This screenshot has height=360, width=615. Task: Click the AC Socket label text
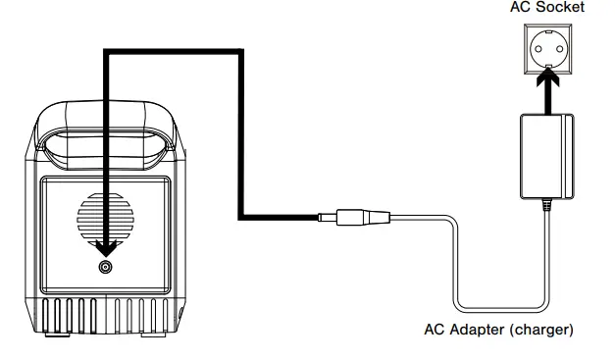(x=546, y=8)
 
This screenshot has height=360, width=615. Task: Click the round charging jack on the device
(x=105, y=266)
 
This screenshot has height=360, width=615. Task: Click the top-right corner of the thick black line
(x=239, y=56)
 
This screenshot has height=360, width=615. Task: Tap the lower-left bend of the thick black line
(x=240, y=216)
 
